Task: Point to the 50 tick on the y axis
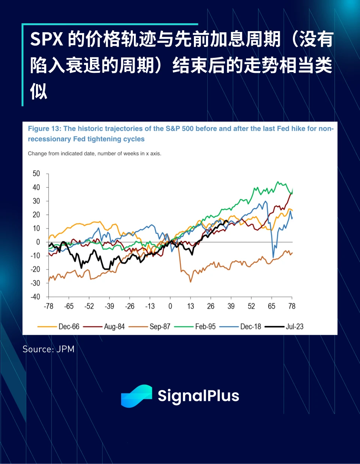[x=36, y=173]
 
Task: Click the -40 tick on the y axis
[x=35, y=297]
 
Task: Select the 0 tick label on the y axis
[x=38, y=242]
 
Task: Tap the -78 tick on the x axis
[x=48, y=306]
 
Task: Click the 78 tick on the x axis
[x=292, y=306]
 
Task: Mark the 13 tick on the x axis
[x=190, y=306]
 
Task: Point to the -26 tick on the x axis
[x=129, y=306]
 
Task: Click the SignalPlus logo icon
[x=136, y=396]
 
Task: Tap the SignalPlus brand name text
[x=198, y=396]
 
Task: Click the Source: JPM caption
[x=48, y=349]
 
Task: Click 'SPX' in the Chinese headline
[x=46, y=39]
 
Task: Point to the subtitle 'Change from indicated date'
[x=94, y=154]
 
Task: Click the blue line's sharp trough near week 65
[x=273, y=257]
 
